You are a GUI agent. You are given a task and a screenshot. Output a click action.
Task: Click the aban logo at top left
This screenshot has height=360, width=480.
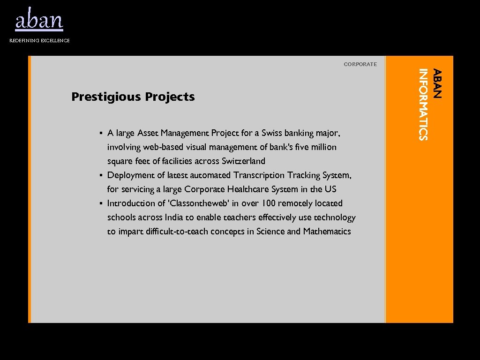coord(39,20)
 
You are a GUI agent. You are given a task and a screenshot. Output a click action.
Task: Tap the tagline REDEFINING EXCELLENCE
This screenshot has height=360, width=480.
coord(40,41)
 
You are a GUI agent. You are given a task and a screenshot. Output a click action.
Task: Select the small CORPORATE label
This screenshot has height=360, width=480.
coord(360,64)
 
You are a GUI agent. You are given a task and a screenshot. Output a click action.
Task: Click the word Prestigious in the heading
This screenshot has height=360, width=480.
coord(106,97)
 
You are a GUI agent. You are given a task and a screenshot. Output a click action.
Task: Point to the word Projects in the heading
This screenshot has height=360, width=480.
coord(170,97)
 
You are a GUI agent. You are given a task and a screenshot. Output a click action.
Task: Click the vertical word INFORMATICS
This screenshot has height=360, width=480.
coord(423,104)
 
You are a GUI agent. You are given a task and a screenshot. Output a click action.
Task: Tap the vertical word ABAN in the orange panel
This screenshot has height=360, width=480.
coord(437,83)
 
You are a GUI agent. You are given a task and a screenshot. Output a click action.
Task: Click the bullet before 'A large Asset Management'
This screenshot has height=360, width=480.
coord(101,133)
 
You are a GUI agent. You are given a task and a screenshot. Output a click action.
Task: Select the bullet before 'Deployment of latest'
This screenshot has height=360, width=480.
coord(101,175)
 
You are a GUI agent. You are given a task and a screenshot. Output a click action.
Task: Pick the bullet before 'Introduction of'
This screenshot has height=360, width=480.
coord(101,203)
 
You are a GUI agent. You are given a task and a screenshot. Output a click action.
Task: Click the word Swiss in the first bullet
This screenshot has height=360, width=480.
coord(272,133)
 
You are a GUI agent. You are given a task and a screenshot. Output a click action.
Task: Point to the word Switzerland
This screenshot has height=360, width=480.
coord(243,161)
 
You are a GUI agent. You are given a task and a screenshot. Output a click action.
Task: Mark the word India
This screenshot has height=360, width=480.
coord(170,217)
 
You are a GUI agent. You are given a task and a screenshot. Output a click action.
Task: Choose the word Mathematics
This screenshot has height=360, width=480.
coord(327,232)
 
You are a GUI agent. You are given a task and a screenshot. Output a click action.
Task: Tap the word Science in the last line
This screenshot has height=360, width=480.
coord(270,232)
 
